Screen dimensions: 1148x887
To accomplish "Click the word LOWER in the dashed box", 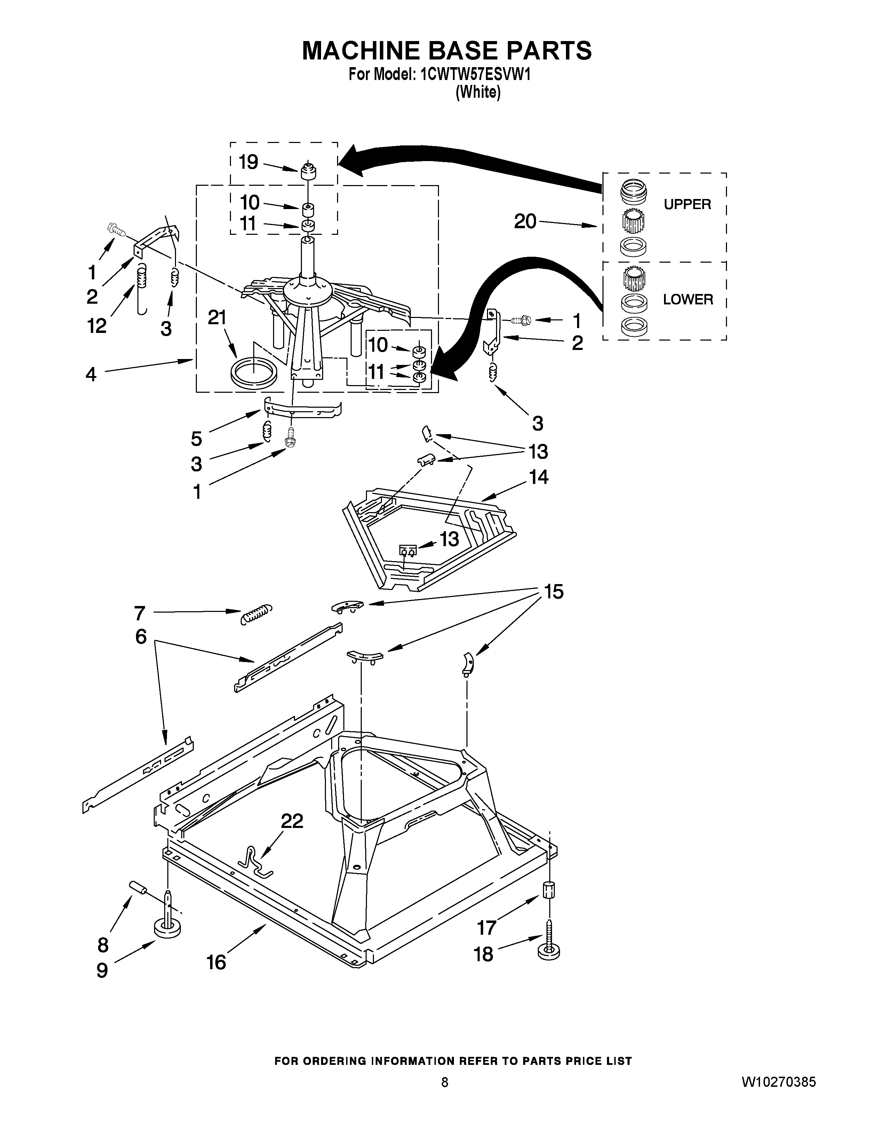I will coord(688,300).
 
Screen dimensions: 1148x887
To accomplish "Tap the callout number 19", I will coord(248,162).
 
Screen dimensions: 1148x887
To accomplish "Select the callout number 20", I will coord(525,221).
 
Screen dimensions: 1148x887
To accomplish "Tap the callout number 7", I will coord(139,613).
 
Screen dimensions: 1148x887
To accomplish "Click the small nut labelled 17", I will coord(549,890).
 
